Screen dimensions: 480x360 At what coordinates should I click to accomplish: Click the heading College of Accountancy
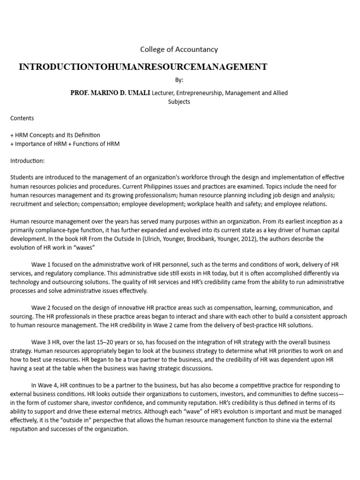click(x=179, y=49)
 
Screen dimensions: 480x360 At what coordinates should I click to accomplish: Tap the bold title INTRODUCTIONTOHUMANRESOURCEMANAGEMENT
click(x=143, y=67)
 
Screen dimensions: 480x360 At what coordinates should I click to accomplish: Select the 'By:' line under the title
click(x=179, y=80)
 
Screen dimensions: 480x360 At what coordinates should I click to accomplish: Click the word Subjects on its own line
click(x=179, y=102)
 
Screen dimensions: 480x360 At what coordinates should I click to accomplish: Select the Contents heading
click(x=22, y=119)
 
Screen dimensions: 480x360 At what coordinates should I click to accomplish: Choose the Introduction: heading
click(x=28, y=161)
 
